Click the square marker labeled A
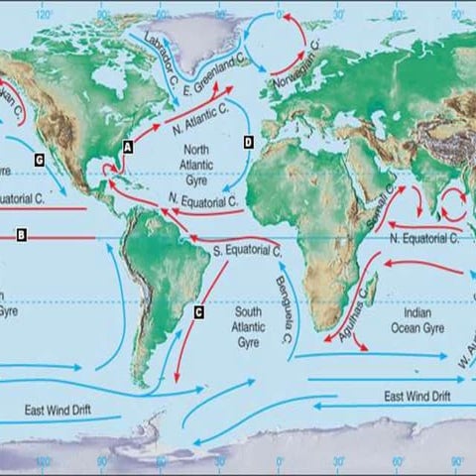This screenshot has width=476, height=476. [x=127, y=145]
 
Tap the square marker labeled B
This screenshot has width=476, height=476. [x=20, y=235]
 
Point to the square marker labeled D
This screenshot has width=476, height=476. [x=248, y=143]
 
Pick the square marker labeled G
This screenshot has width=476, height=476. [x=39, y=159]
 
